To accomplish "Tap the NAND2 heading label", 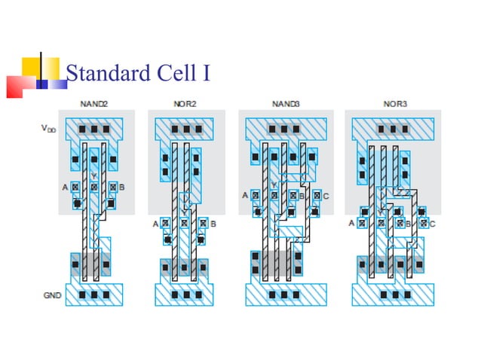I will (x=94, y=103).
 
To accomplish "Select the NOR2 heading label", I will (x=183, y=103).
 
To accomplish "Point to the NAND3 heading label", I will (x=285, y=103).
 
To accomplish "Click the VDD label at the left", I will (x=48, y=129).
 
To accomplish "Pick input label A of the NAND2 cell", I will (x=66, y=186).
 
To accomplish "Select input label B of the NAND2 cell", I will (x=122, y=186).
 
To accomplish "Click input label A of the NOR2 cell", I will (x=155, y=224).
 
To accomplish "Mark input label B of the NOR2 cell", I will (x=213, y=224).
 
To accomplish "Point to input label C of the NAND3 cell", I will (x=326, y=196).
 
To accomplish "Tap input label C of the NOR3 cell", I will (x=433, y=224).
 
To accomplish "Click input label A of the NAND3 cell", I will (x=245, y=196).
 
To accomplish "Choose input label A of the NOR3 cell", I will (x=351, y=224).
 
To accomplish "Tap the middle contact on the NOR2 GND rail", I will (x=183, y=294).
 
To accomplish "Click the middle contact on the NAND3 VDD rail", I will (x=285, y=129).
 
